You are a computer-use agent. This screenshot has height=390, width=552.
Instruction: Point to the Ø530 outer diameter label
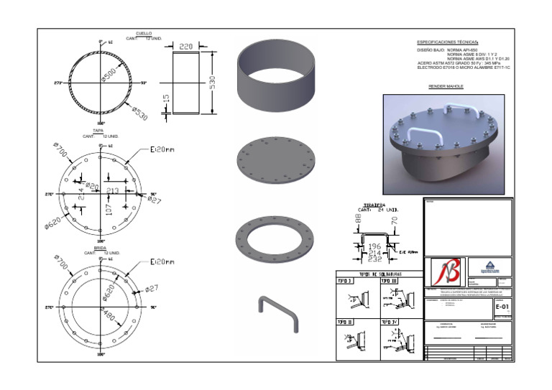coord(141,111)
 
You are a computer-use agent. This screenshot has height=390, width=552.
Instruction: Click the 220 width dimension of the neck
coord(185,47)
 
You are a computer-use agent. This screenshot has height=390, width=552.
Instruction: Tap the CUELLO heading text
coord(144,33)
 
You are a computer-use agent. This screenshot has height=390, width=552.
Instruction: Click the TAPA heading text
coord(108,131)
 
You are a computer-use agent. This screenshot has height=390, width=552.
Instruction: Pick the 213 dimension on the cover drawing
coord(112,190)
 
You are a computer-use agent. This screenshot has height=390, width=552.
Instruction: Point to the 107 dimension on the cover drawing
coord(109,210)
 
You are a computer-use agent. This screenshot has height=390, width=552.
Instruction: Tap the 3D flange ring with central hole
coord(277,237)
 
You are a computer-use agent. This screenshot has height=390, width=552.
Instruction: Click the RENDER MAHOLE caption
coord(446,86)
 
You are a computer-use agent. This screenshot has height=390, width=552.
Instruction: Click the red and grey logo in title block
coord(446,272)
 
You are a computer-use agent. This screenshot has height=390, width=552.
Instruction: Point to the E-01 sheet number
coord(503,306)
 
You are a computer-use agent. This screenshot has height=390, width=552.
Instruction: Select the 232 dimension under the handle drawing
coord(374,259)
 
